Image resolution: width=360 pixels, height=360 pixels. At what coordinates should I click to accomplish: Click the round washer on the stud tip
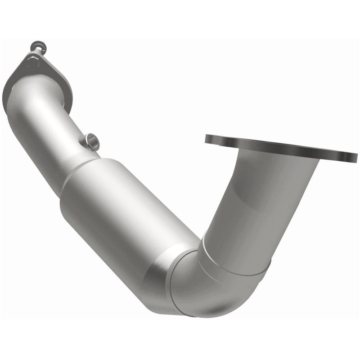[x=36, y=45]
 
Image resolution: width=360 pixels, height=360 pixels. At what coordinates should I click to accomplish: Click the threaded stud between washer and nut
[x=34, y=52]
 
